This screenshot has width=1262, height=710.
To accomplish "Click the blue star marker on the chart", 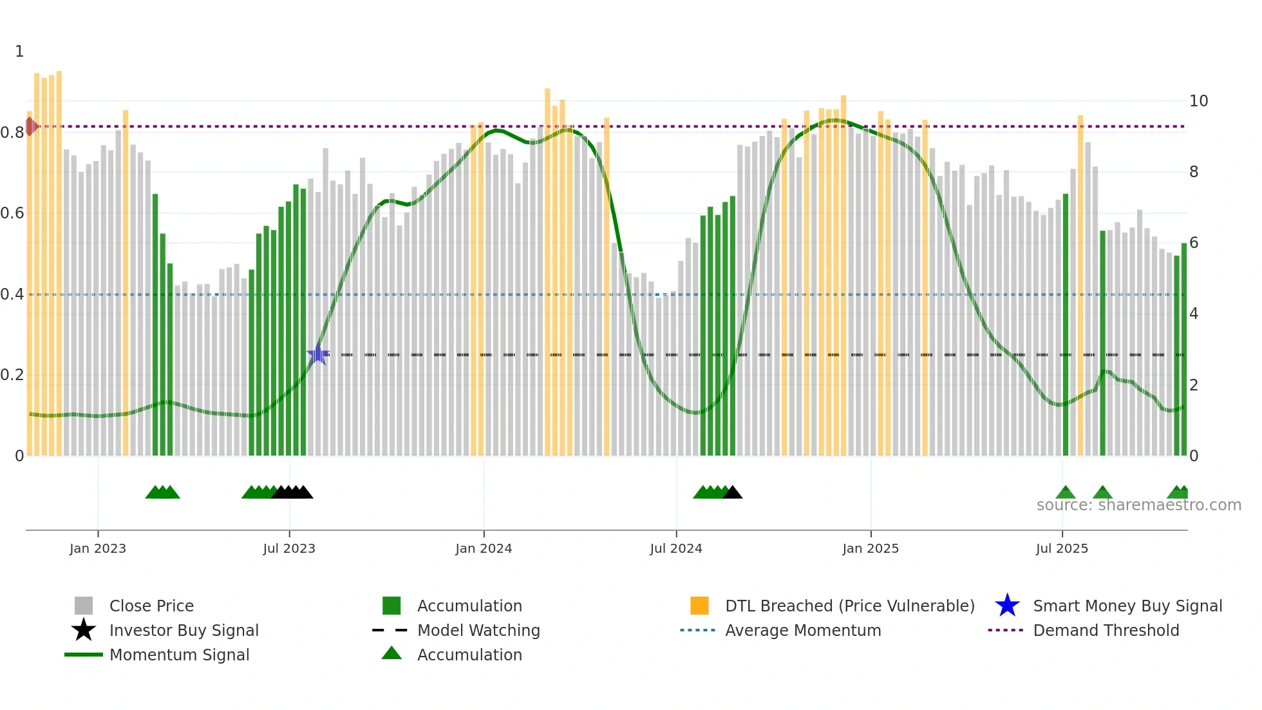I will [x=317, y=354].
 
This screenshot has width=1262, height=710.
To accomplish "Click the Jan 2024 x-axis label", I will [x=484, y=548].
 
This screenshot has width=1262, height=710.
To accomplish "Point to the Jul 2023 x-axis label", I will [x=289, y=548].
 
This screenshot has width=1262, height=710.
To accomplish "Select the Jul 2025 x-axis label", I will [x=1062, y=548].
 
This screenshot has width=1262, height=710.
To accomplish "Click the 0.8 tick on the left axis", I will [x=12, y=133].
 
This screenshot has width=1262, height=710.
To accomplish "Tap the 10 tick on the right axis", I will [x=1198, y=101].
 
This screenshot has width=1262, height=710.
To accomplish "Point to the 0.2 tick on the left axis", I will [x=12, y=375].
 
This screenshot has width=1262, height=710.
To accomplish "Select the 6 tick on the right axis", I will [x=1194, y=243].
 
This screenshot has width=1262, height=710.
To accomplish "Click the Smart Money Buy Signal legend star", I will [x=1007, y=606].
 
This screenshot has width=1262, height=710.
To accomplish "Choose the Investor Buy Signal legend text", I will [x=184, y=630].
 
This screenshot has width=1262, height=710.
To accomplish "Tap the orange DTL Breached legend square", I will [x=699, y=606].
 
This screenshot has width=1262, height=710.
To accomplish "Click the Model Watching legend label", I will [x=478, y=630].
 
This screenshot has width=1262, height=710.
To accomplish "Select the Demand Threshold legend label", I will [x=1106, y=630].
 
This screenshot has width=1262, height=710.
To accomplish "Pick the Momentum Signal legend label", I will [x=179, y=655].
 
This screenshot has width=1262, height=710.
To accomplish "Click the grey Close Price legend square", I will [x=84, y=606].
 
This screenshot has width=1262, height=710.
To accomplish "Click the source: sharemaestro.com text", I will [x=1138, y=505].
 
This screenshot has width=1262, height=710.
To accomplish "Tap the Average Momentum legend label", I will [x=803, y=630].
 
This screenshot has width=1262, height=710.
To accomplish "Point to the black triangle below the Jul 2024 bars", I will [x=733, y=493].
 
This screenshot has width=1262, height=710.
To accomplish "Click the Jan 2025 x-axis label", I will [x=870, y=548].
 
